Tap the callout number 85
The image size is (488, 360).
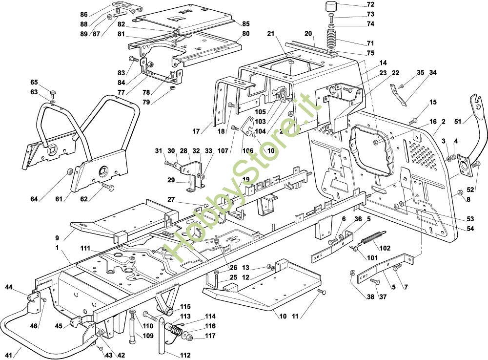[x=245, y=23]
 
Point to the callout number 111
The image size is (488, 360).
[x=85, y=249]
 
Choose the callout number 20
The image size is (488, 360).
[x=308, y=33]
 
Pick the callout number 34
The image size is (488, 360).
[x=432, y=73]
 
